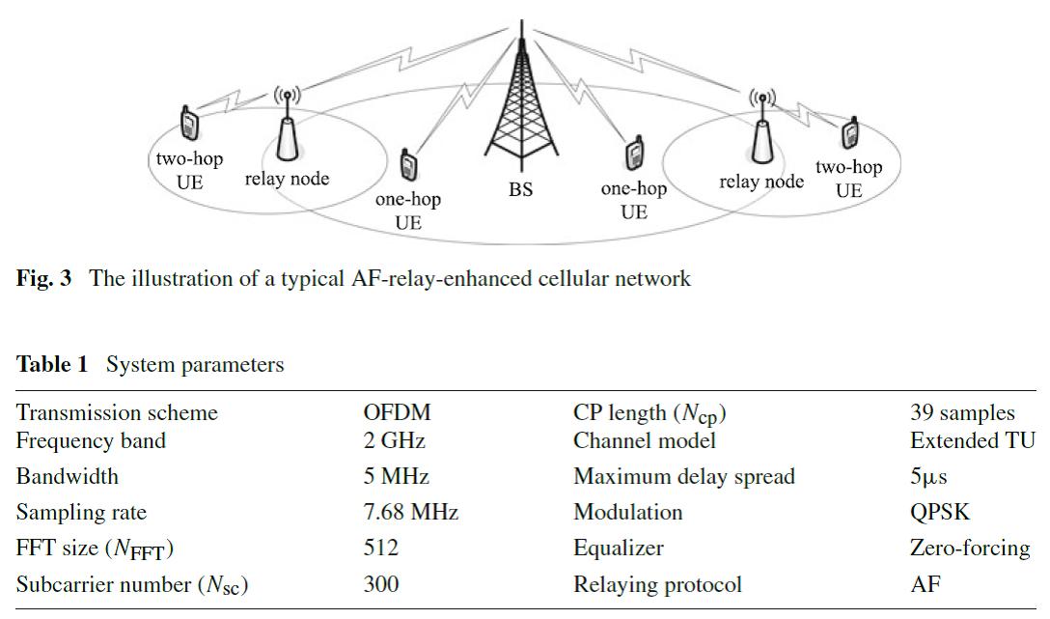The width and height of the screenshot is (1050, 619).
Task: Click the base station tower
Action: [521, 106]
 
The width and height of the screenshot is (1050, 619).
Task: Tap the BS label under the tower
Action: [521, 189]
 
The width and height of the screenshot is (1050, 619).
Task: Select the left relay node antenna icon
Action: [287, 130]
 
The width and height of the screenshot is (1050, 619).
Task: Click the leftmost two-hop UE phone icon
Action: [189, 123]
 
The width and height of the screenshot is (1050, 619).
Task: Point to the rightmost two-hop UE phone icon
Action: [850, 132]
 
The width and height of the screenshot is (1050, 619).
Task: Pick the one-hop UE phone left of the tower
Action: [408, 165]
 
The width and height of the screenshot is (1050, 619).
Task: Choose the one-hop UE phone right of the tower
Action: [634, 155]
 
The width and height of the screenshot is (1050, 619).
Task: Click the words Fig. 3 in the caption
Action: [43, 279]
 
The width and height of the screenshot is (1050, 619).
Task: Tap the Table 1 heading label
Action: [52, 365]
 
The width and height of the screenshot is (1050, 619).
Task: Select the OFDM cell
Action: [397, 413]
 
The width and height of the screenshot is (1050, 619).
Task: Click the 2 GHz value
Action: [394, 441]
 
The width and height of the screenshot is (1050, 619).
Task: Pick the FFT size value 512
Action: [380, 548]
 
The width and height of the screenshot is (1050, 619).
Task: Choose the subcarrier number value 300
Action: [380, 584]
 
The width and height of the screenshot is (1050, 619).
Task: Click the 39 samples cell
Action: [962, 413]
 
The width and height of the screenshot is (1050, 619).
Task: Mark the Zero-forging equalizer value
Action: [969, 548]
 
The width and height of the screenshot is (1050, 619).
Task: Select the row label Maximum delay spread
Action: [683, 476]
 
